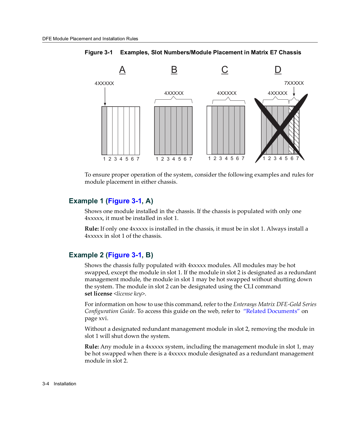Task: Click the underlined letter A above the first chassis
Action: tap(122, 70)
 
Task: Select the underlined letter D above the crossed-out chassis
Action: tap(278, 70)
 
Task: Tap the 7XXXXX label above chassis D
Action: tap(294, 83)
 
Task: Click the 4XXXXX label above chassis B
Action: tap(174, 93)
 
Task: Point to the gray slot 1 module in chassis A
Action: tap(105, 130)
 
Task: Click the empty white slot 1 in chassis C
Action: tap(209, 130)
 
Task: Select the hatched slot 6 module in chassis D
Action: tap(291, 130)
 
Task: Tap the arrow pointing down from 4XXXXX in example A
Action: tap(105, 96)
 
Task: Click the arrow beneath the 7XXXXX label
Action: tap(294, 91)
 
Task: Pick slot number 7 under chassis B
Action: tap(190, 159)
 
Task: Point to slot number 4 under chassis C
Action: tap(226, 158)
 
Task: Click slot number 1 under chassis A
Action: tap(104, 159)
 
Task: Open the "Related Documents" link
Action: tap(271, 311)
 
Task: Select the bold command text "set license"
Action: tap(98, 294)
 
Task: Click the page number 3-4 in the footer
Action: tap(46, 384)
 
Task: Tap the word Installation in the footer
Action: tap(65, 384)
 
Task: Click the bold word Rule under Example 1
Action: tap(92, 229)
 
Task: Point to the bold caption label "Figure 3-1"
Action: tap(98, 52)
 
